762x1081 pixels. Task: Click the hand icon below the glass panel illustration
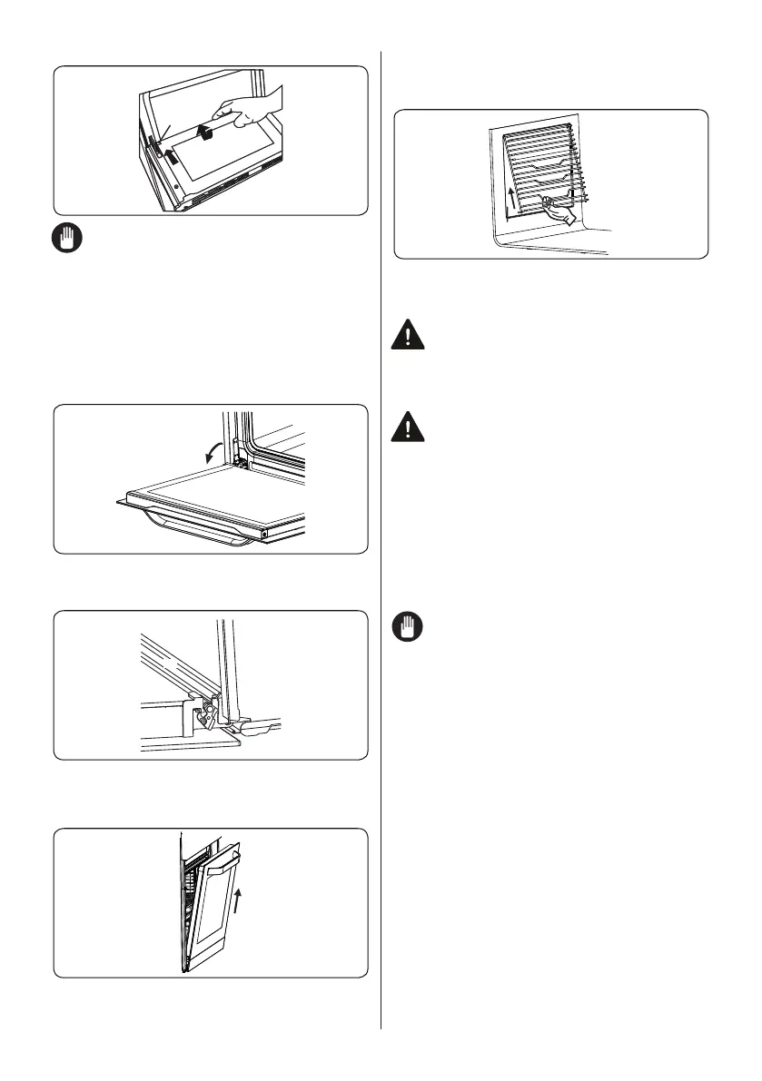click(x=67, y=239)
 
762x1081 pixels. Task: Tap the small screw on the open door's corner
click(x=263, y=534)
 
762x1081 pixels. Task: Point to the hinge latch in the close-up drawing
click(x=207, y=708)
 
